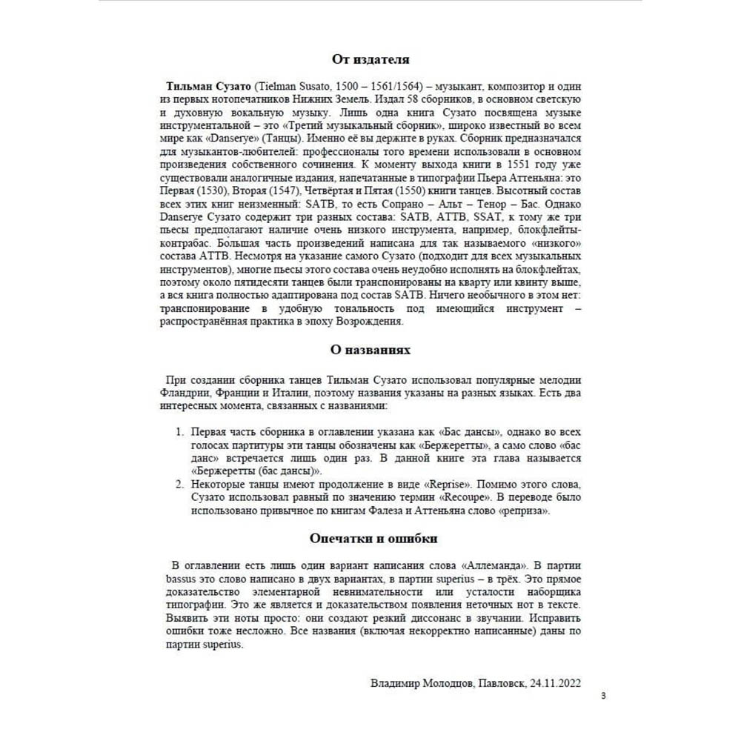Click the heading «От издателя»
pyautogui.click(x=370, y=59)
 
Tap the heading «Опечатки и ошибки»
pyautogui.click(x=370, y=537)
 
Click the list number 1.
pyautogui.click(x=178, y=431)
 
